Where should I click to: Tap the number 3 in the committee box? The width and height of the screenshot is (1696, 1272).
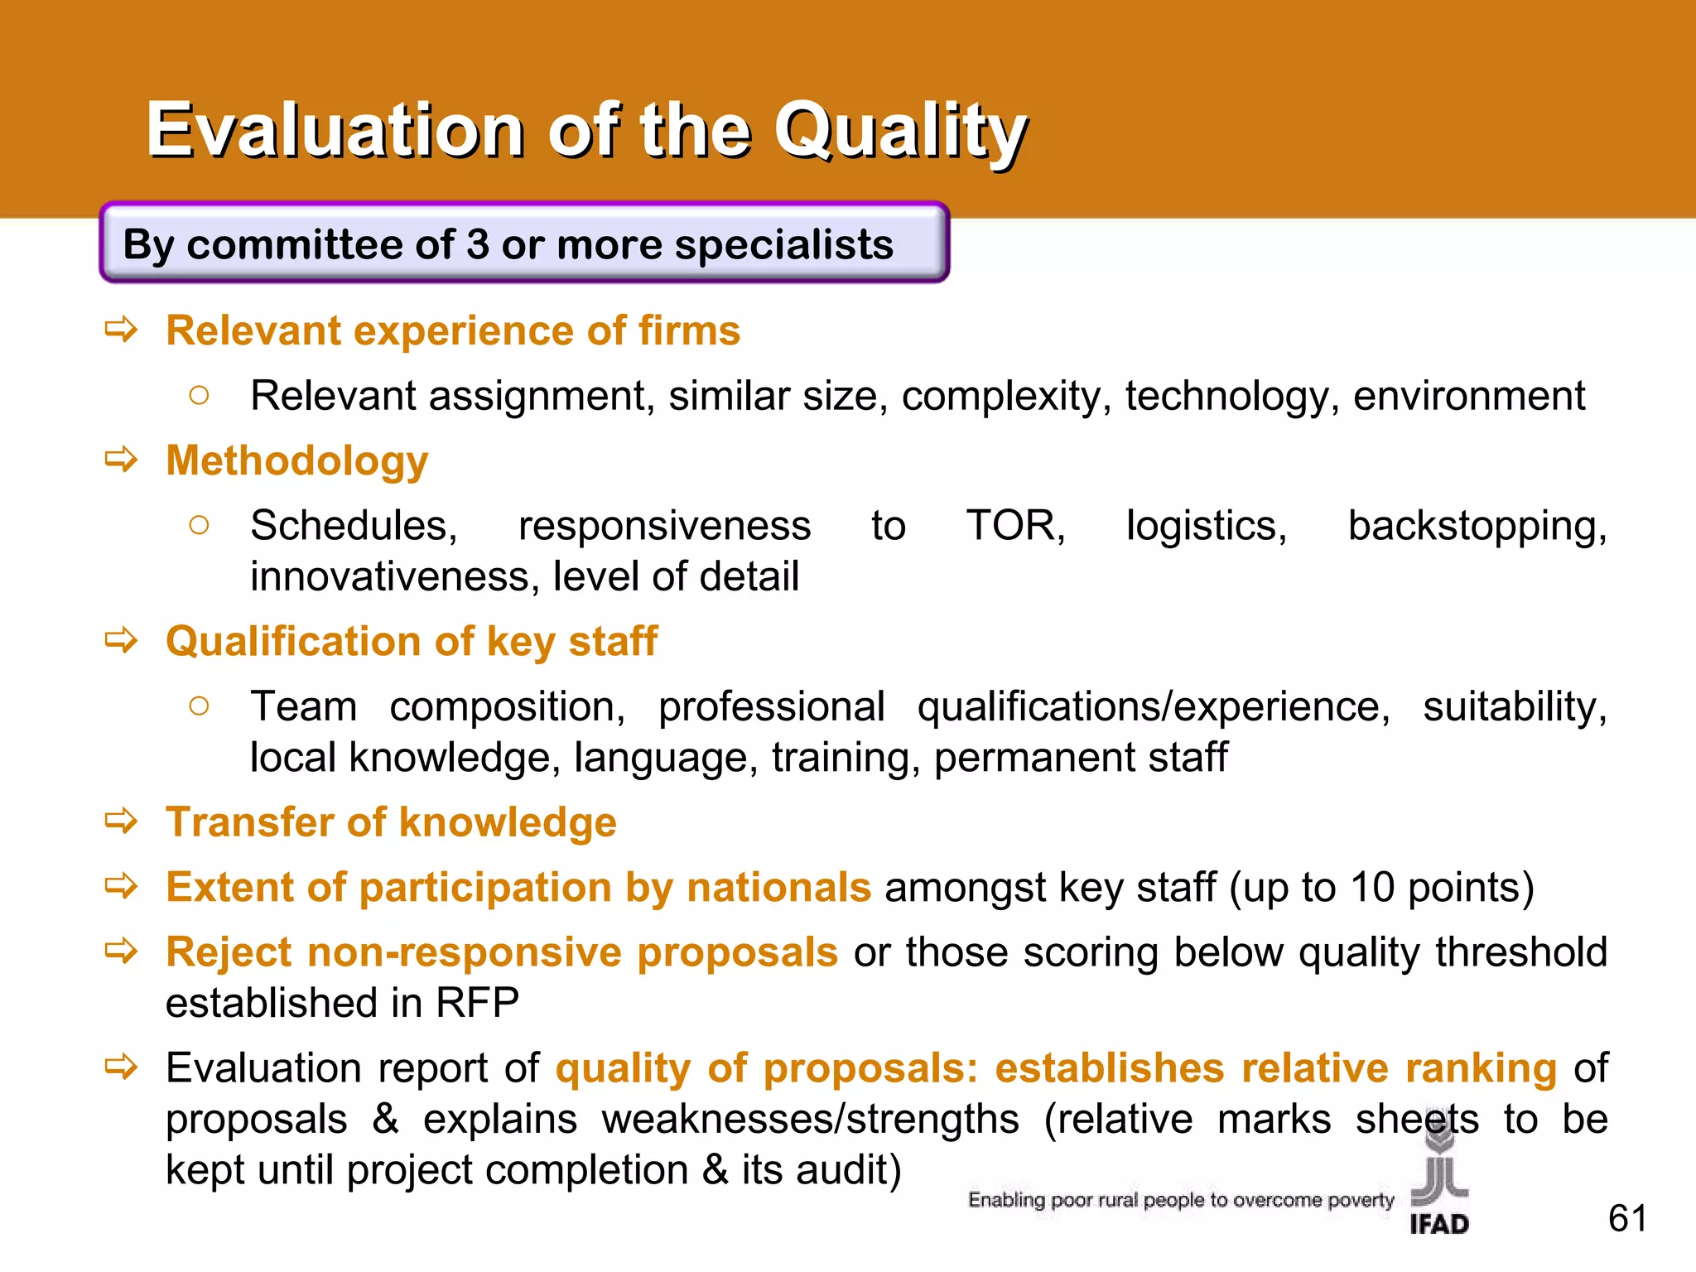click(477, 245)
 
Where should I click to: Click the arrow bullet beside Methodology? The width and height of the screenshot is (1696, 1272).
click(121, 459)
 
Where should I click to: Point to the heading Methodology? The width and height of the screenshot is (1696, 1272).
click(296, 461)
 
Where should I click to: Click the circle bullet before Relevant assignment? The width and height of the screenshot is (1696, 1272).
click(199, 396)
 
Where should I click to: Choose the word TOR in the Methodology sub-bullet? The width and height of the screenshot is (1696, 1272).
click(1015, 526)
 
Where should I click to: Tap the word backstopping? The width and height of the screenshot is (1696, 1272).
click(1477, 527)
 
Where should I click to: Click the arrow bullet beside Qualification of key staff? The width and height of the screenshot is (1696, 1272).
click(121, 640)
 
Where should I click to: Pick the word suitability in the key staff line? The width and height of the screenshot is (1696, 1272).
click(1515, 707)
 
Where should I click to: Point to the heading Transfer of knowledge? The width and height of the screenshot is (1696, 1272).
click(391, 822)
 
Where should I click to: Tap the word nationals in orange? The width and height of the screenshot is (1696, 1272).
click(778, 888)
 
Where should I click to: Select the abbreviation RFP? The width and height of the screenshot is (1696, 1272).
click(477, 1003)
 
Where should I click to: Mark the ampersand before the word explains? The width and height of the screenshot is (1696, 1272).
click(385, 1120)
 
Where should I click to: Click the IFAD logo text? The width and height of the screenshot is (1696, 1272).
click(1439, 1224)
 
